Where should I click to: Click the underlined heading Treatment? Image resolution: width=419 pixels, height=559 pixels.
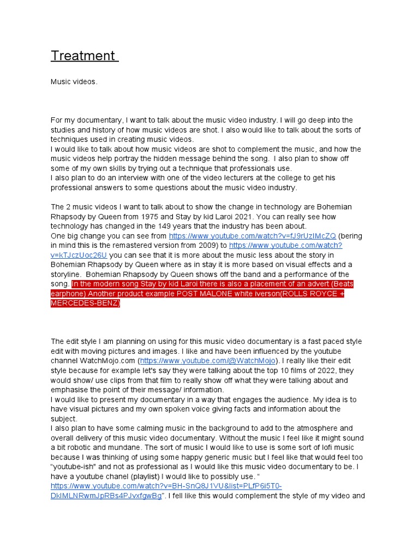click(x=83, y=56)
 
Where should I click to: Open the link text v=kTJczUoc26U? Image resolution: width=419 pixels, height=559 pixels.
click(x=79, y=255)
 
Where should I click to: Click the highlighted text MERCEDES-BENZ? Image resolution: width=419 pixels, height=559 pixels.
click(x=85, y=303)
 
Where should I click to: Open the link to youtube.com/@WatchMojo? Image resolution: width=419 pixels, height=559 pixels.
click(x=209, y=361)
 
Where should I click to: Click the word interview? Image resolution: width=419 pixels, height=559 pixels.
click(x=124, y=178)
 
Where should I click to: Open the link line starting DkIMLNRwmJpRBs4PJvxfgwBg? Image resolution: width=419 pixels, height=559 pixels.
click(x=106, y=496)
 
